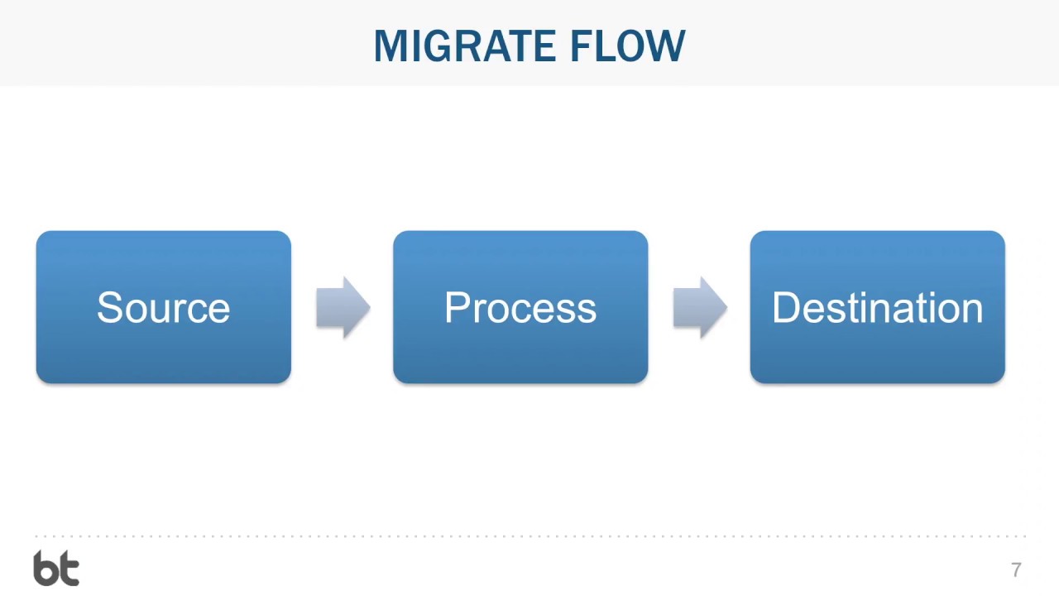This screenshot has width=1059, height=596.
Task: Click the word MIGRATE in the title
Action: (467, 46)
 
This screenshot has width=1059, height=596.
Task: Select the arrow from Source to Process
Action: (343, 308)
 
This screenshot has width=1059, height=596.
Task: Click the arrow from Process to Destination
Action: (700, 308)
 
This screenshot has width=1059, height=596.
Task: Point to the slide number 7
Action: (1016, 570)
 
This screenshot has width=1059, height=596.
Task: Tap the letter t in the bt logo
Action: (69, 570)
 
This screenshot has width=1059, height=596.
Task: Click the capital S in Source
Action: (108, 308)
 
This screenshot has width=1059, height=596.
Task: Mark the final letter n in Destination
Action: (972, 311)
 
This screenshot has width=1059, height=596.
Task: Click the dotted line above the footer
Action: (529, 536)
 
